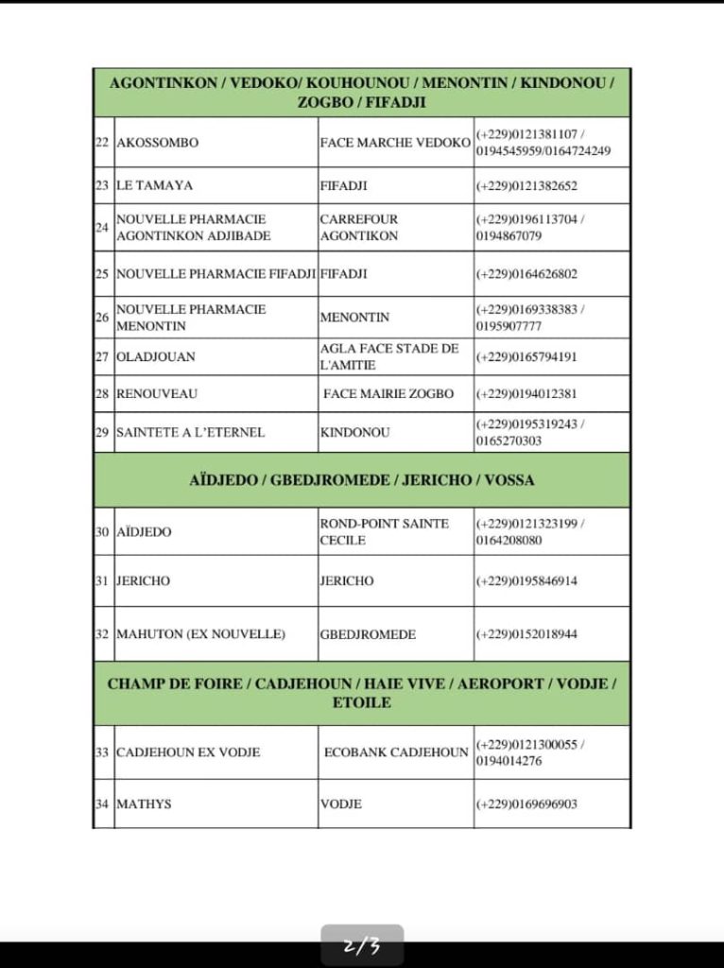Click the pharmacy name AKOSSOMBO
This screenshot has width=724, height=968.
pos(158,143)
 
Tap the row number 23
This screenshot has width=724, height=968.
pos(103,186)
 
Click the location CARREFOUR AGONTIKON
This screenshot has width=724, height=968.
pos(359,228)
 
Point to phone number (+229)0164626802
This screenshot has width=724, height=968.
pos(526,275)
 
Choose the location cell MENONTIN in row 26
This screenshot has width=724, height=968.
pos(354,318)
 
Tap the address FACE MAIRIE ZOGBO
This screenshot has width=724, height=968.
pos(388,394)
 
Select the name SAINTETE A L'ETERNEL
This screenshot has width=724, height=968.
pos(190,433)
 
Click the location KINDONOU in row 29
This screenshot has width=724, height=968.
pos(354,433)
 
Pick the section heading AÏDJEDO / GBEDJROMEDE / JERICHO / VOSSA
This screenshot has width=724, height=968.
pos(362,480)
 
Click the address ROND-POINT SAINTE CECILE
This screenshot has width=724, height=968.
pos(384,532)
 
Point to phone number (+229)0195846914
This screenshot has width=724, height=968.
pos(526,581)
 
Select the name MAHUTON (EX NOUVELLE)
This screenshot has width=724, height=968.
pos(200,634)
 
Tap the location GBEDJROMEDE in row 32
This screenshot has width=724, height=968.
pos(368,634)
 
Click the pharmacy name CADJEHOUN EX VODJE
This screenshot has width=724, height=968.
pos(188,752)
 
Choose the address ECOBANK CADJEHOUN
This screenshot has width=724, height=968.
pos(396,752)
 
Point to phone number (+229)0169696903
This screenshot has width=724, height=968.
pos(526,804)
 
